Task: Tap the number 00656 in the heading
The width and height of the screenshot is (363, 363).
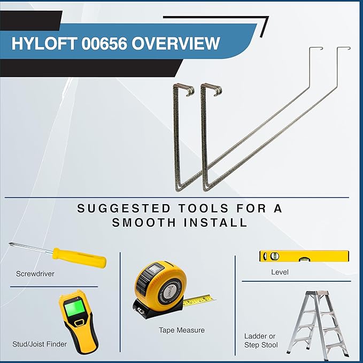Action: click(104, 43)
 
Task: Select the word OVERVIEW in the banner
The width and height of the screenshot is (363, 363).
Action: click(176, 43)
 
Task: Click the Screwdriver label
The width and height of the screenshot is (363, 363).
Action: click(35, 274)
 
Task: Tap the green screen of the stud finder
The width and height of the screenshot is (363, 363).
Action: click(74, 307)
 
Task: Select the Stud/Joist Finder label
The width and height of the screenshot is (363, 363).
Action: click(40, 344)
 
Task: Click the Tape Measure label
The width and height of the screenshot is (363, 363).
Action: click(182, 330)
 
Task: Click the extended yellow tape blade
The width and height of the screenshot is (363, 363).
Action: click(199, 300)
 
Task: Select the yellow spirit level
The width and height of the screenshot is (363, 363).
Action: click(304, 256)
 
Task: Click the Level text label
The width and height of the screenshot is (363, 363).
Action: click(280, 272)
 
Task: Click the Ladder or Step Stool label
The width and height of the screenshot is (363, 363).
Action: click(261, 341)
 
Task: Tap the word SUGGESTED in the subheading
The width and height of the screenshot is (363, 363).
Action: click(123, 208)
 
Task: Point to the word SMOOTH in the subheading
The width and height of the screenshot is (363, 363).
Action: click(144, 223)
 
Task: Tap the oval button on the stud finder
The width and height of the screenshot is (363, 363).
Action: click(80, 323)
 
